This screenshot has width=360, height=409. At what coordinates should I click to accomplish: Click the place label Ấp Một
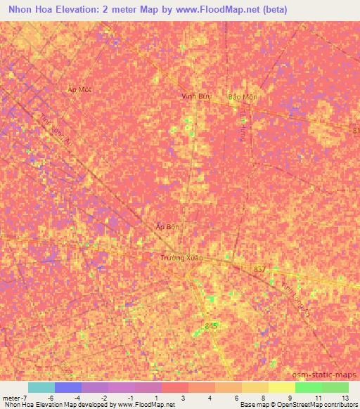point(79,90)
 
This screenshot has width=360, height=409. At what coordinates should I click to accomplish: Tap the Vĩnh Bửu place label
point(197,96)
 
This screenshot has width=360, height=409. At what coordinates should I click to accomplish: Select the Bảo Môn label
point(243,97)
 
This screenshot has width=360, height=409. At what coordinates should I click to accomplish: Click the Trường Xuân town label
point(181,257)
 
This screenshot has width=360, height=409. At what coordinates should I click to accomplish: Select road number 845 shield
point(212,325)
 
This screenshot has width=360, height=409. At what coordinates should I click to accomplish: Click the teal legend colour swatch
point(41,387)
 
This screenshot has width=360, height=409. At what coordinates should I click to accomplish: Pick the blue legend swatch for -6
point(68,387)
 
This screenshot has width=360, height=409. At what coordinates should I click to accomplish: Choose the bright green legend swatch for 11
point(308,387)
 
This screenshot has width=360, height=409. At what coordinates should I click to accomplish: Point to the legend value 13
point(344,398)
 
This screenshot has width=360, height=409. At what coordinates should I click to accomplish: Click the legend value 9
point(290,398)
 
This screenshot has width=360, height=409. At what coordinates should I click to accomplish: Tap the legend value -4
point(77,398)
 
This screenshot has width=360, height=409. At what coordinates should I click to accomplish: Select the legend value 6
point(238,398)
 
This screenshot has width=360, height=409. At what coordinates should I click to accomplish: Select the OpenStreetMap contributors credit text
point(316,405)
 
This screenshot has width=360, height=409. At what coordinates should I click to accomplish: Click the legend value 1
point(157,398)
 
